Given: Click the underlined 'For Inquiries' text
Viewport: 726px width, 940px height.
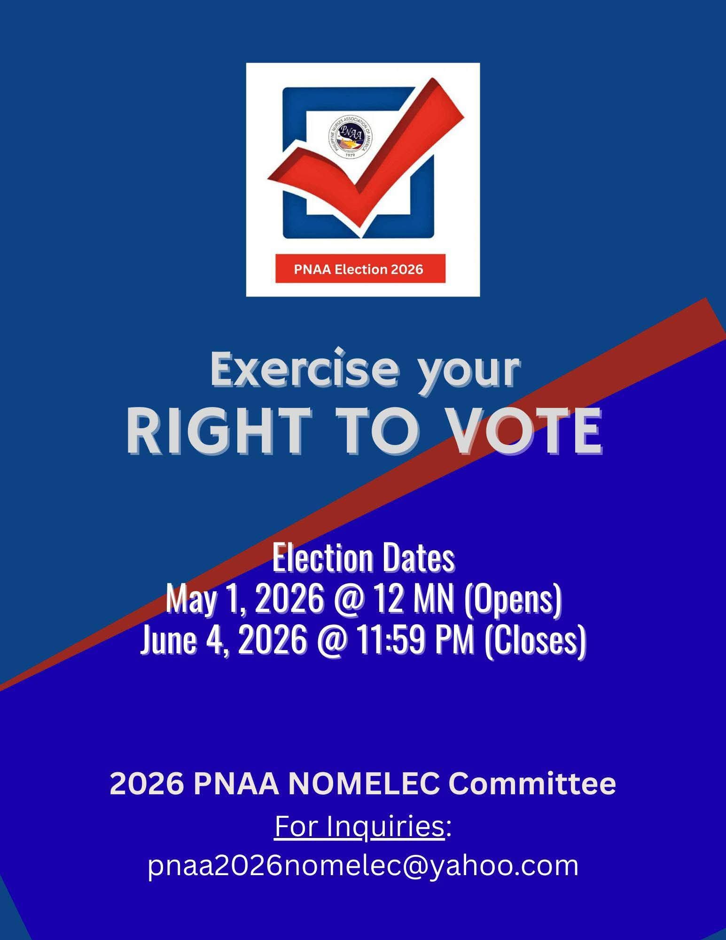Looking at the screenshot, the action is click(359, 827).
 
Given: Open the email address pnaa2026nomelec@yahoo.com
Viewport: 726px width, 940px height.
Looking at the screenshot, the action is click(363, 867).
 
